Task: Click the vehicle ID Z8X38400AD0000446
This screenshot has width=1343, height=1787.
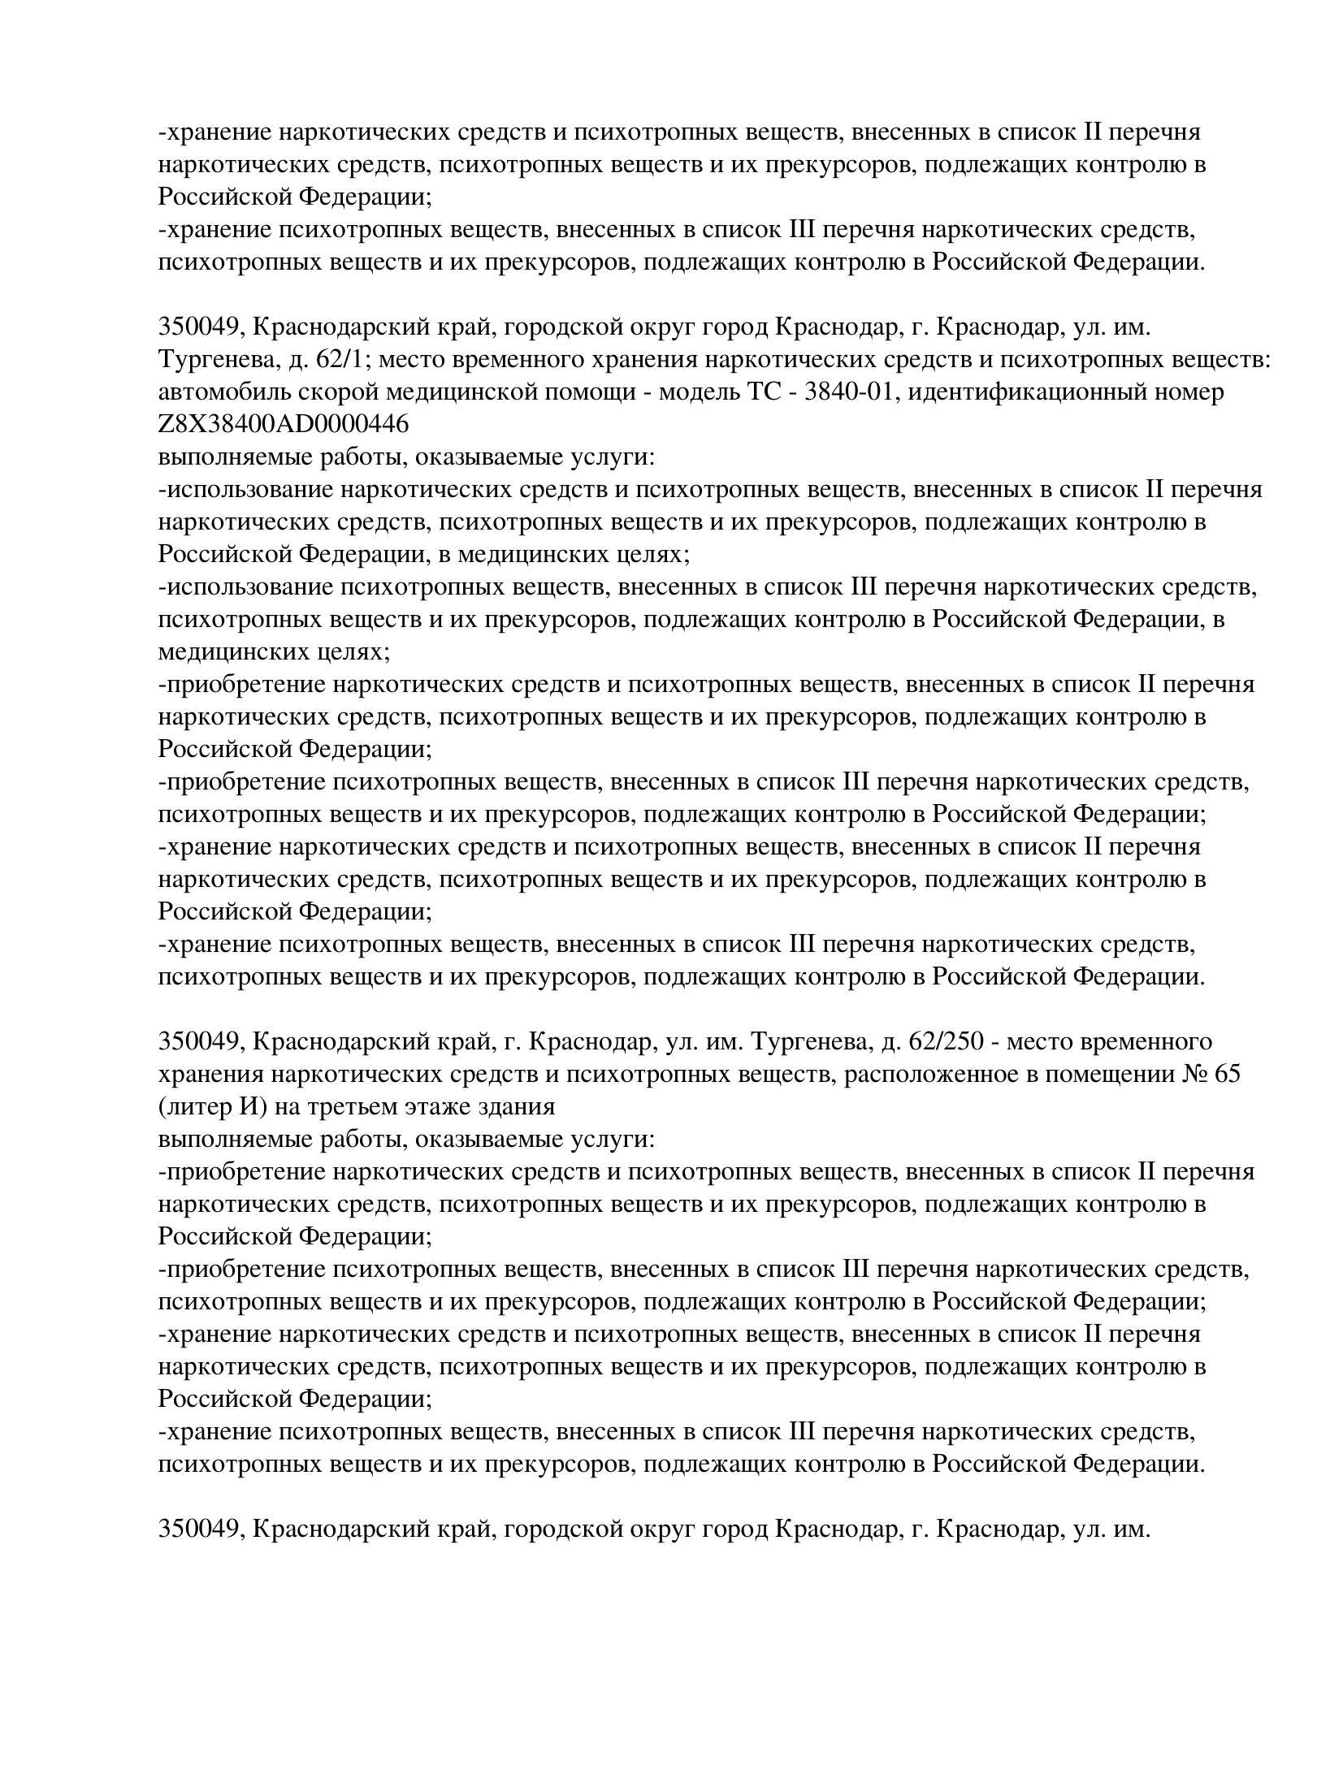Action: pyautogui.click(x=283, y=424)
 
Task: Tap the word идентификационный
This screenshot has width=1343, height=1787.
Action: pyautogui.click(x=1032, y=392)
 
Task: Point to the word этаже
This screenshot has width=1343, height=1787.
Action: pyautogui.click(x=445, y=1106)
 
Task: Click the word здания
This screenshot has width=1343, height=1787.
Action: pyautogui.click(x=519, y=1106)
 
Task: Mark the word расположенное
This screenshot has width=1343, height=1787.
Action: pyautogui.click(x=925, y=1074)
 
